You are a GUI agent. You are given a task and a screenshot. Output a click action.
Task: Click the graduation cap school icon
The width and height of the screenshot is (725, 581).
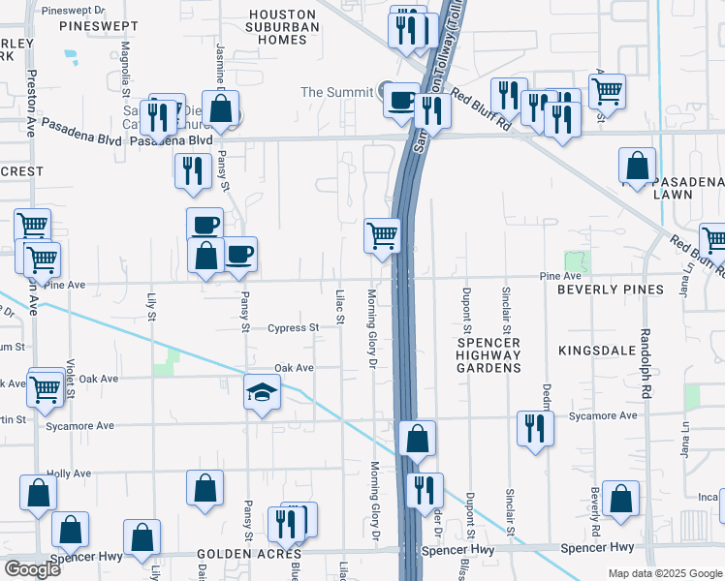click(260, 392)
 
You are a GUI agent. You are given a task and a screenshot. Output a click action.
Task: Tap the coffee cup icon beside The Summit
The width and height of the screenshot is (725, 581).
click(400, 100)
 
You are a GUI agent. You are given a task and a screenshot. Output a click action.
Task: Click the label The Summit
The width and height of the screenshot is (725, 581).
click(336, 92)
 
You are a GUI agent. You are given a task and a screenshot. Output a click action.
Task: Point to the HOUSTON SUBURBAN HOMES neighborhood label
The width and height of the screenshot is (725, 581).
click(283, 27)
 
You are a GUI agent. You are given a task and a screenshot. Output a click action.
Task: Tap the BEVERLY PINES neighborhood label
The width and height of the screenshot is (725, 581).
click(610, 290)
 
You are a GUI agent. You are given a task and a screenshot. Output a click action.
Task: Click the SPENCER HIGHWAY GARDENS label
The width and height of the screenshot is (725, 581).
click(489, 355)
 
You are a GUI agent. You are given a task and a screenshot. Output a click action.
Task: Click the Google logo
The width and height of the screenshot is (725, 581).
click(33, 568)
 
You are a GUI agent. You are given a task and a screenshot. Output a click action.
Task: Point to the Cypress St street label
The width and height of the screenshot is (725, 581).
click(293, 328)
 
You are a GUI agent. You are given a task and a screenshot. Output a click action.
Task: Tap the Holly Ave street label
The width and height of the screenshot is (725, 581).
click(68, 474)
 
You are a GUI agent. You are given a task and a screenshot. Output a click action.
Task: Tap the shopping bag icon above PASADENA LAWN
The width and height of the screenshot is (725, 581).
click(639, 166)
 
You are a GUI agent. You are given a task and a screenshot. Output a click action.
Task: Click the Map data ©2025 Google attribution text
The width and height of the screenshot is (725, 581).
click(665, 573)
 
